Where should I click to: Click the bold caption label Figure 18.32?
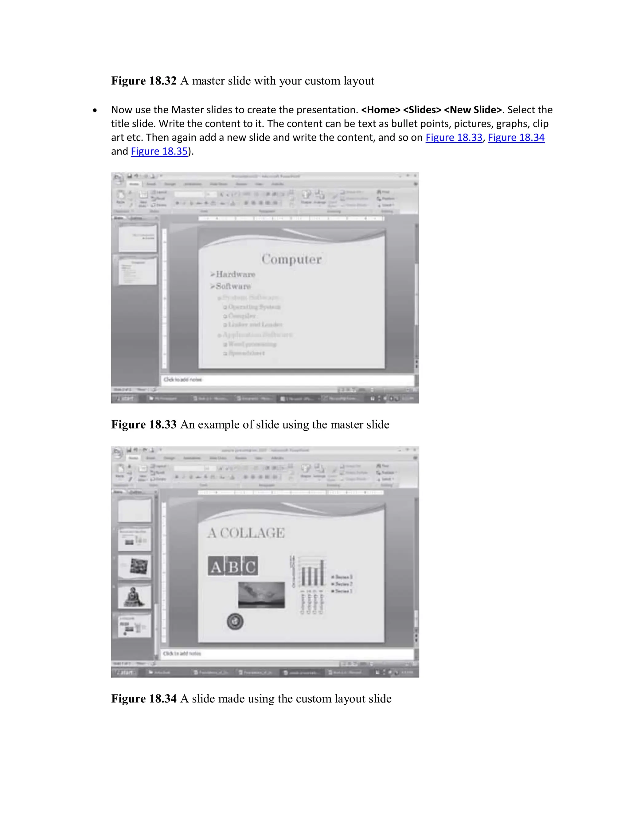[143, 81]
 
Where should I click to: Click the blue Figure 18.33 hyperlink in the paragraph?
[454, 138]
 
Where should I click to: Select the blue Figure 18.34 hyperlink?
[516, 138]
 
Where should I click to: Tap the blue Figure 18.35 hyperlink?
[159, 151]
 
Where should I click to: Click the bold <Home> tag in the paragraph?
[380, 110]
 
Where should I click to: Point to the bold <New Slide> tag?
[472, 110]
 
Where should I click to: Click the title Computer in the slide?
[291, 259]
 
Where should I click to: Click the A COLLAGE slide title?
[246, 533]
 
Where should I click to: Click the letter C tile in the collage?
[250, 566]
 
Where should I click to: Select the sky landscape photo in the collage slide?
[261, 594]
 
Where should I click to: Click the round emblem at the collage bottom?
[235, 621]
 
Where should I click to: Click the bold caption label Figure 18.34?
[143, 699]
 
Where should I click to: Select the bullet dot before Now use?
[95, 110]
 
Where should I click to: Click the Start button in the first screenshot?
[126, 398]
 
